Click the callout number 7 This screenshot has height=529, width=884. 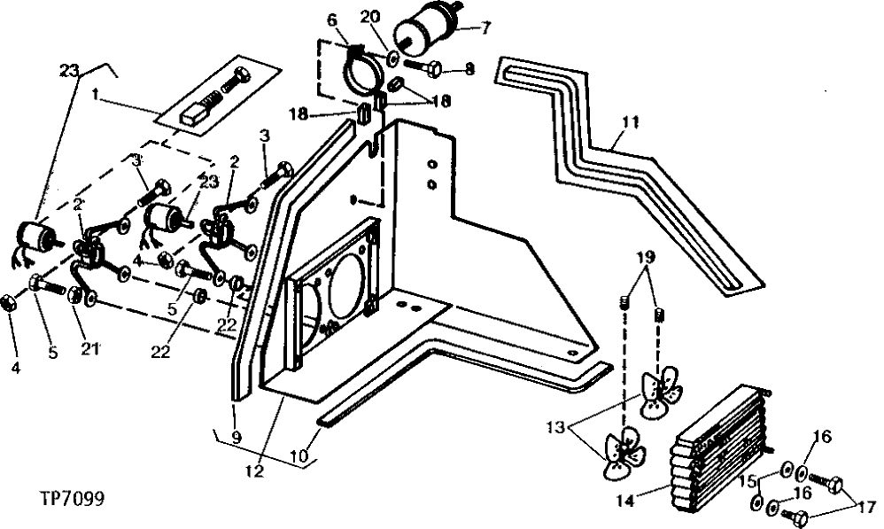point(485,27)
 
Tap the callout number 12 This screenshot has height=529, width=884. point(255,472)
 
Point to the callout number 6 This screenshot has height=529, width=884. point(332,19)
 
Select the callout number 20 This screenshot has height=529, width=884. point(370,16)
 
